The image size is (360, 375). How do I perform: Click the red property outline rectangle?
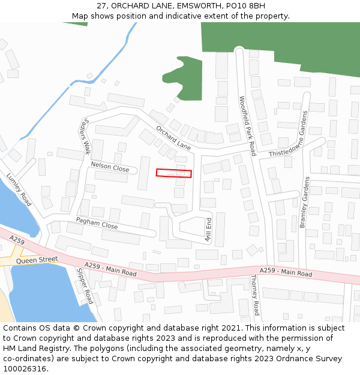[174, 173]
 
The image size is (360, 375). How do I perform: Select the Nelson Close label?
[110, 166]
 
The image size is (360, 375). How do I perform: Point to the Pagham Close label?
[97, 223]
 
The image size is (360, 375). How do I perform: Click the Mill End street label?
[209, 230]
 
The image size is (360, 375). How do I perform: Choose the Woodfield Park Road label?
[248, 126]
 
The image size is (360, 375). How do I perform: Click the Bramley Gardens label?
[304, 202]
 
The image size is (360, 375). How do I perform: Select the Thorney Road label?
[254, 295]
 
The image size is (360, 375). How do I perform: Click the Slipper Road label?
[85, 286]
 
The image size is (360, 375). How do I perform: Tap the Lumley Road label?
[19, 190]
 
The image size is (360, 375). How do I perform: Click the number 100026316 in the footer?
[26, 369]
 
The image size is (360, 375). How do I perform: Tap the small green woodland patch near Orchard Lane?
[183, 76]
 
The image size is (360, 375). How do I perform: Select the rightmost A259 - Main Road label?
[286, 272]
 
